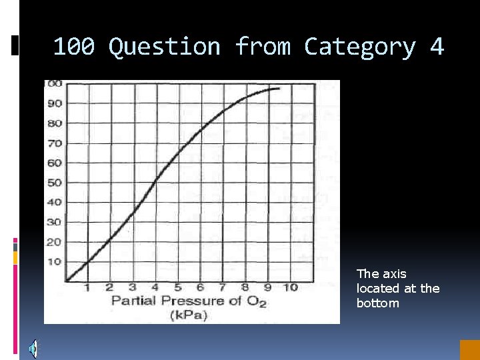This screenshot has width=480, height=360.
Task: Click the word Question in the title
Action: pyautogui.click(x=164, y=47)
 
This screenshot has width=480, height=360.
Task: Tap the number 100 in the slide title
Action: pyautogui.click(x=73, y=47)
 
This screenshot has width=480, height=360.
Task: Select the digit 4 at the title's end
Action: pyautogui.click(x=437, y=47)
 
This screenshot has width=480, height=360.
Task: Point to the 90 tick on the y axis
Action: pyautogui.click(x=54, y=103)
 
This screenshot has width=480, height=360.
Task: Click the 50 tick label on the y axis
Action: pyautogui.click(x=54, y=183)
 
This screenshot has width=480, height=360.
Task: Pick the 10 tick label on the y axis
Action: pyautogui.click(x=54, y=261)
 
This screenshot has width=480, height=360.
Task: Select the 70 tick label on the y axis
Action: pyautogui.click(x=54, y=143)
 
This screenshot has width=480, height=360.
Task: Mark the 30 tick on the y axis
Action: pyautogui.click(x=54, y=222)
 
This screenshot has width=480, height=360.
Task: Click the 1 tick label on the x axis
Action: pyautogui.click(x=87, y=287)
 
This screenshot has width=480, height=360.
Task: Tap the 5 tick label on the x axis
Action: pyautogui.click(x=178, y=287)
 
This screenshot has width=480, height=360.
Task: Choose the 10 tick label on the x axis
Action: pyautogui.click(x=291, y=287)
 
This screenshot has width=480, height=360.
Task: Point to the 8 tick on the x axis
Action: pyautogui.click(x=246, y=287)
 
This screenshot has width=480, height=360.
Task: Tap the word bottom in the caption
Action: pyautogui.click(x=378, y=303)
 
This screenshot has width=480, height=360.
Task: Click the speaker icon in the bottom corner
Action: pyautogui.click(x=33, y=348)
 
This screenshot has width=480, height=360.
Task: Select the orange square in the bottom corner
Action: pyautogui.click(x=469, y=350)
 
